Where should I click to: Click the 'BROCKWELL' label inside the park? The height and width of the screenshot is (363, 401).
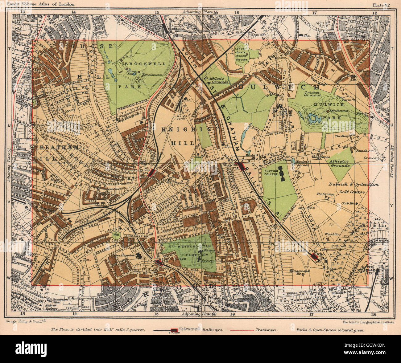pos(145,64)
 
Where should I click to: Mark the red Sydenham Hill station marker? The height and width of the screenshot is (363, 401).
pos(315,256)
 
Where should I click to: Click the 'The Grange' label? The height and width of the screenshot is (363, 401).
pos(323,194)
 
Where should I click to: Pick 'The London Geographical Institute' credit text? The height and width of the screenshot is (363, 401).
pos(369,322)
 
